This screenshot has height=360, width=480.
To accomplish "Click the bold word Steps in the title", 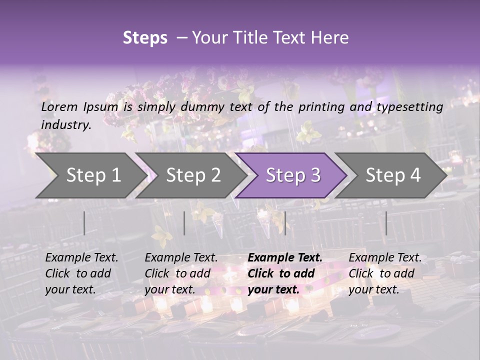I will (145, 38).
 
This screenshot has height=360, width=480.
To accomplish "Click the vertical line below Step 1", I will (84, 223).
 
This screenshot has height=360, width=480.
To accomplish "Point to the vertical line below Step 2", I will (184, 223).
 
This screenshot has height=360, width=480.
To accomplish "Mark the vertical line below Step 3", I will (285, 223).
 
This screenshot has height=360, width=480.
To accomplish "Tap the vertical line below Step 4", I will (386, 223).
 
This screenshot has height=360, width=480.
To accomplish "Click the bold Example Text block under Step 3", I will (285, 273).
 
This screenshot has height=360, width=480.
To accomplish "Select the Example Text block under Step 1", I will (81, 273).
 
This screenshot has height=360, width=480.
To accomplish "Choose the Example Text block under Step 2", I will (181, 273).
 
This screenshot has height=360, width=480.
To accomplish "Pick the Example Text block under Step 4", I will (385, 273).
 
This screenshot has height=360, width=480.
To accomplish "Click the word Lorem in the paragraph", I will (59, 106).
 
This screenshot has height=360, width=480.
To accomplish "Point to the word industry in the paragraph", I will (65, 124).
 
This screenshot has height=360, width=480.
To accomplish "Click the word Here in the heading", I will (329, 38).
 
